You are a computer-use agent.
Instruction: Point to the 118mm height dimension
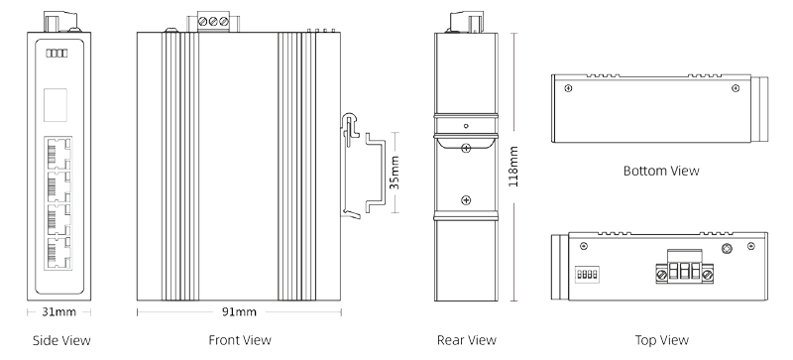click(x=512, y=167)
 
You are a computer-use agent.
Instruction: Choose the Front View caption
click(x=239, y=341)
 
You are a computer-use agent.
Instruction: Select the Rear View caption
click(x=466, y=341)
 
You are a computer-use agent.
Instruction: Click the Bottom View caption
click(x=662, y=171)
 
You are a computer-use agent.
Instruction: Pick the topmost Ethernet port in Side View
click(x=57, y=153)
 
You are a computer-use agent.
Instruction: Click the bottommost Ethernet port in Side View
click(x=57, y=253)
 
